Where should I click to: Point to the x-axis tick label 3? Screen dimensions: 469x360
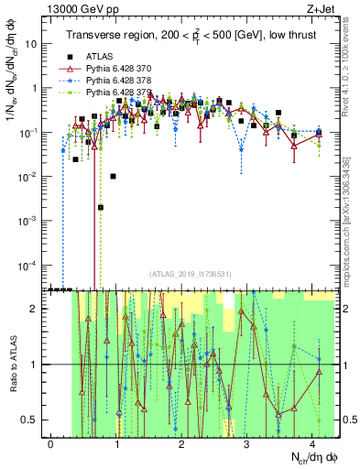point(247,443)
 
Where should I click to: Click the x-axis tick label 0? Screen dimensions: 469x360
point(51,443)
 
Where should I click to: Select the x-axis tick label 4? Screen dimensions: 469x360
point(312,443)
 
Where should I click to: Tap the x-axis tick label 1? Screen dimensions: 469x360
point(116,443)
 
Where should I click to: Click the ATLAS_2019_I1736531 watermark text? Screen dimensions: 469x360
point(184,273)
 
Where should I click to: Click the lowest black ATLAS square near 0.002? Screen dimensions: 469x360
point(101,207)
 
